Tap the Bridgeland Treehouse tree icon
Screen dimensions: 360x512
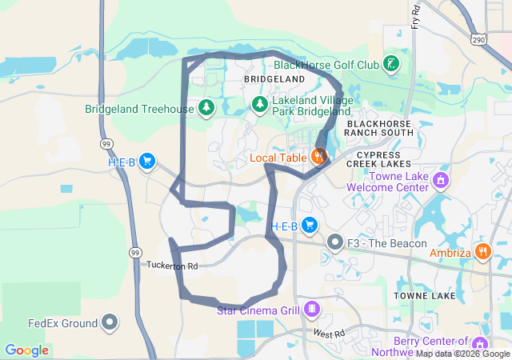207,107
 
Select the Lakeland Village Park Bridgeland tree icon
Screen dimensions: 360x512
260,104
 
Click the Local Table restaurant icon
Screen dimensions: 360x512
319,157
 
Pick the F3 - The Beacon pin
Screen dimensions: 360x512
334,242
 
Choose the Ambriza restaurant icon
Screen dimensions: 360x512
482,251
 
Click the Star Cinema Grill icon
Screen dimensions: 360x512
311,309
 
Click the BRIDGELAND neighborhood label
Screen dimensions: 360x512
274,80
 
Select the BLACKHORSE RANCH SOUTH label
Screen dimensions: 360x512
379,128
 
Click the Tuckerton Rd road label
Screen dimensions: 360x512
171,265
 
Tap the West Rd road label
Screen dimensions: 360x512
328,333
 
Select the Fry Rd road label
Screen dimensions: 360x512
415,16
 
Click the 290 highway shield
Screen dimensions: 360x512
479,38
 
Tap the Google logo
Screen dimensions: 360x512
26,350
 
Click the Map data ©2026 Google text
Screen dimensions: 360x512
462,354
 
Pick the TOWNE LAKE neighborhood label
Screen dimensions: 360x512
425,296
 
